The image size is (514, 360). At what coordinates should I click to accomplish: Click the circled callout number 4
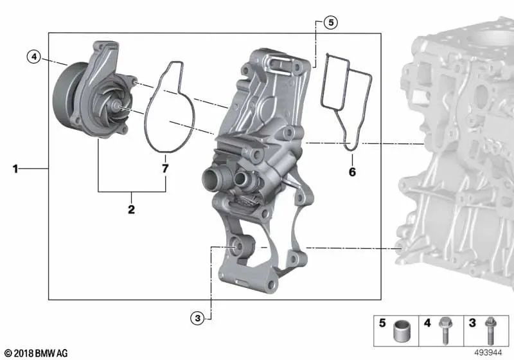[34, 57]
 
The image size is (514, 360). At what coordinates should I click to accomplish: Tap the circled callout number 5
[331, 22]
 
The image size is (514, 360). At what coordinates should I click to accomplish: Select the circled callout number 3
[197, 318]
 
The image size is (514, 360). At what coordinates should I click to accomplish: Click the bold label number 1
[15, 169]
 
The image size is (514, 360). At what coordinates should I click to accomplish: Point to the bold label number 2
[131, 209]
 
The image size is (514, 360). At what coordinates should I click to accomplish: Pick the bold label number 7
[165, 168]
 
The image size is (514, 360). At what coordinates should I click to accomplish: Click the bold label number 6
[352, 172]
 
